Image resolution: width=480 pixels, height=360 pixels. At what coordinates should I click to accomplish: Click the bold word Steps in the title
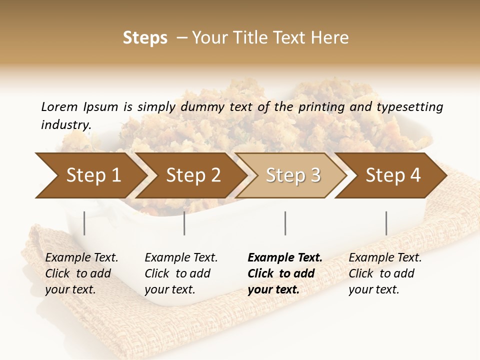(145, 38)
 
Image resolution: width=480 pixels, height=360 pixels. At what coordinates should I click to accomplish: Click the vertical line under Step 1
(84, 223)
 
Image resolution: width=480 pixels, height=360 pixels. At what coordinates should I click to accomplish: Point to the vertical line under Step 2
(184, 223)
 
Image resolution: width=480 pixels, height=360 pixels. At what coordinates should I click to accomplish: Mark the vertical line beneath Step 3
(285, 223)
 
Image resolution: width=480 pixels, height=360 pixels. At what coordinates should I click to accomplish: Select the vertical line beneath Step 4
(386, 223)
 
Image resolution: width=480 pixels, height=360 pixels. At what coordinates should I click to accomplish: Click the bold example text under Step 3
(284, 273)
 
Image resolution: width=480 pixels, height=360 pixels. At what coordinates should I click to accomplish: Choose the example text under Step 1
(81, 273)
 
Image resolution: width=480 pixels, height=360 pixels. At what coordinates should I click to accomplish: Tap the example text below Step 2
(181, 273)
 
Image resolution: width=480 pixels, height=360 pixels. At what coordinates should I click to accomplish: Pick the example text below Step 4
(385, 273)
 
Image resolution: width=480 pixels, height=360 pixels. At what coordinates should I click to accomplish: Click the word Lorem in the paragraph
(59, 107)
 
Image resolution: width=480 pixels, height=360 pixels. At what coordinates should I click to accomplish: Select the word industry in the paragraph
(65, 125)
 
